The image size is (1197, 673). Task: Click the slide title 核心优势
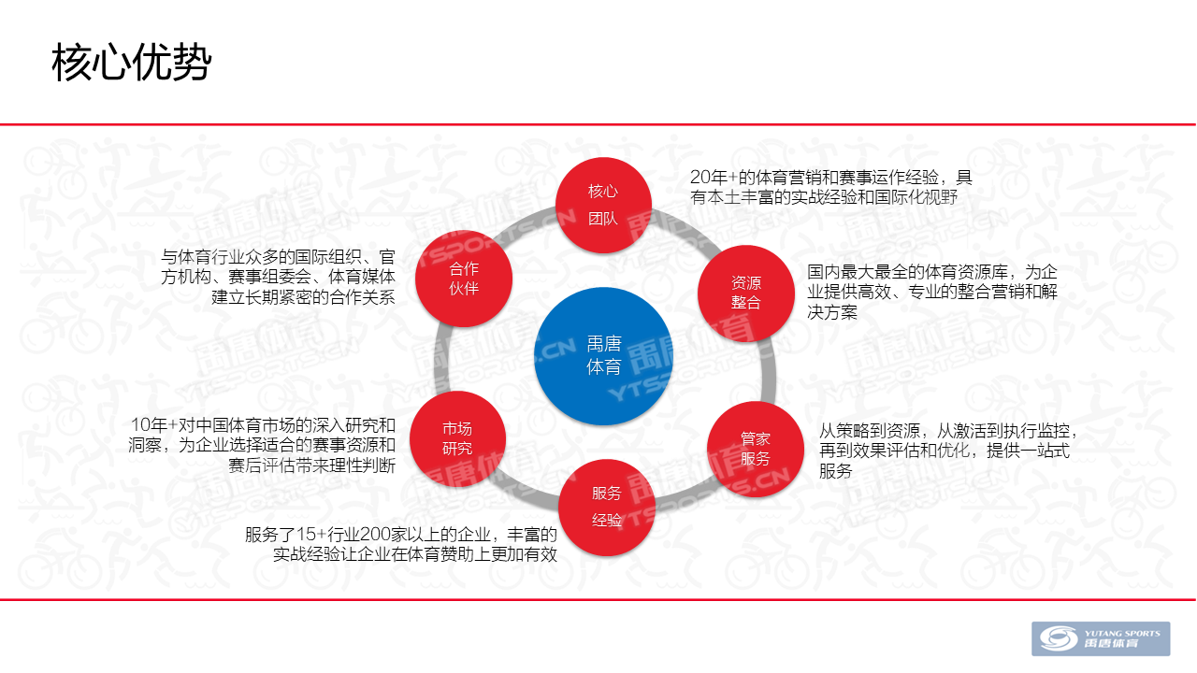click(132, 63)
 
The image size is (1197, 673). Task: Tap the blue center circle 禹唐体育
click(603, 356)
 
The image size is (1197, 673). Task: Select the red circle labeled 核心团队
click(603, 205)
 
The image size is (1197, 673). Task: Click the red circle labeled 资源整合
click(746, 293)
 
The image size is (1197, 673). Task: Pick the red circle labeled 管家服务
click(755, 449)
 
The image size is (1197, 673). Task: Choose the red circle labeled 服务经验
click(607, 507)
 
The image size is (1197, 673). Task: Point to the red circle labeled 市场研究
click(457, 438)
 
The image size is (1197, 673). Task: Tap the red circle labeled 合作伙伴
click(464, 279)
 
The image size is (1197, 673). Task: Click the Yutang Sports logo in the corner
click(1101, 638)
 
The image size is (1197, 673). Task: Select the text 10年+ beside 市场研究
click(154, 425)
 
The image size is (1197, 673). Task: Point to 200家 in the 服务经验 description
click(386, 534)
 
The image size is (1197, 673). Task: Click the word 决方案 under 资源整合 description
click(832, 312)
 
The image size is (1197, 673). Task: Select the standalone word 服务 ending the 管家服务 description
click(836, 470)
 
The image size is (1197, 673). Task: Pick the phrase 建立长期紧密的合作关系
click(303, 297)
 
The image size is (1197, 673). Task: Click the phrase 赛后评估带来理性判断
click(311, 465)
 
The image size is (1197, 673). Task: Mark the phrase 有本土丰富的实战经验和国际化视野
click(824, 197)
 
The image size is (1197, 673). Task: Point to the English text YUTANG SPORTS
click(1122, 634)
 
